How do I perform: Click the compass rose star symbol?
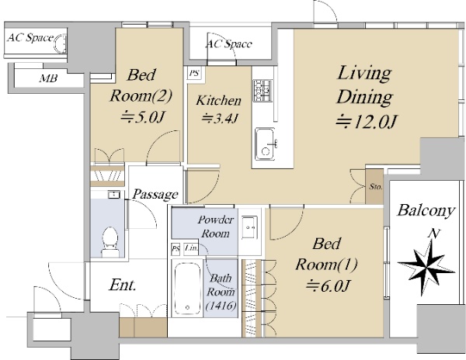pyautogui.click(x=426, y=268)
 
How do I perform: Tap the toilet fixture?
pyautogui.click(x=110, y=242)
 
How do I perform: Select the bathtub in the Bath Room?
pyautogui.click(x=187, y=288)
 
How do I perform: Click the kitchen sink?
pyautogui.click(x=266, y=144)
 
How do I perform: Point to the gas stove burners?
pyautogui.click(x=263, y=90)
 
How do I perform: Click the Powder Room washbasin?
pyautogui.click(x=249, y=227)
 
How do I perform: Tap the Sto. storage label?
pyautogui.click(x=376, y=187)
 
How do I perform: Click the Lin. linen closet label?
pyautogui.click(x=191, y=247)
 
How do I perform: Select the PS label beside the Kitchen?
pyautogui.click(x=194, y=73)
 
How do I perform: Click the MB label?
pyautogui.click(x=48, y=78)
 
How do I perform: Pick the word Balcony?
pyautogui.click(x=426, y=210)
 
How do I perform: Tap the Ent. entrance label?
pyautogui.click(x=123, y=285)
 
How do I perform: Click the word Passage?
pyautogui.click(x=155, y=195)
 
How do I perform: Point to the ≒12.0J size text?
pyautogui.click(x=367, y=121)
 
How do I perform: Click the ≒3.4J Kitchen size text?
pyautogui.click(x=220, y=119)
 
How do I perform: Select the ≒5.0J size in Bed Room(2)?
pyautogui.click(x=142, y=117)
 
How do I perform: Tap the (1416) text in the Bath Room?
pyautogui.click(x=221, y=306)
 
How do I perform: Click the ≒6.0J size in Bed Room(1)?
pyautogui.click(x=328, y=286)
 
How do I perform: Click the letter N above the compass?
pyautogui.click(x=434, y=234)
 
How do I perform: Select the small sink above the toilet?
pyautogui.click(x=114, y=195)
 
